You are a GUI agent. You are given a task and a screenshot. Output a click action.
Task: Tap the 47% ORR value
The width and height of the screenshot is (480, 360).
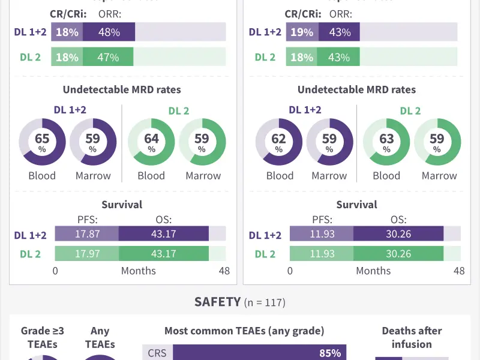[x=108, y=58]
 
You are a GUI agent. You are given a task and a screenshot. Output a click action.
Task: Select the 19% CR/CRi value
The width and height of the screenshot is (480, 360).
[x=302, y=32]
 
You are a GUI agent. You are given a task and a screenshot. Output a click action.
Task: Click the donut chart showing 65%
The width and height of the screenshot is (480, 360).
[x=42, y=142]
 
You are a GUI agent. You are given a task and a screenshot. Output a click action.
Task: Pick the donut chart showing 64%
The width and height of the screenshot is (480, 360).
[x=151, y=142]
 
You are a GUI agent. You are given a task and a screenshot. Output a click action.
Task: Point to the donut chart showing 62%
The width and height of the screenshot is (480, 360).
[x=279, y=142]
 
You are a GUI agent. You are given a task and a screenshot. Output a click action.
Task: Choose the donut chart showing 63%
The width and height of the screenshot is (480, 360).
[x=386, y=142]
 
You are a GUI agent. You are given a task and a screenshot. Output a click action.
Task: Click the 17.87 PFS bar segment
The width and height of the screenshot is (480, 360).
[x=87, y=234]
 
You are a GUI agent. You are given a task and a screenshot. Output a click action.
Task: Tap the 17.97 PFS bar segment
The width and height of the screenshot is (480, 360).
[x=87, y=254]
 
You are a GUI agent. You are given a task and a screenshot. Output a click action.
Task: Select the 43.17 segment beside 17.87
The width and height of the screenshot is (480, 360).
[x=163, y=234]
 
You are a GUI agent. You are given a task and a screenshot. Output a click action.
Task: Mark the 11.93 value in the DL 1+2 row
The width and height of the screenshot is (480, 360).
[x=322, y=234]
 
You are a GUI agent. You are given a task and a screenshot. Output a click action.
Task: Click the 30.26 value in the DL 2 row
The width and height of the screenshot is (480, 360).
[x=398, y=254]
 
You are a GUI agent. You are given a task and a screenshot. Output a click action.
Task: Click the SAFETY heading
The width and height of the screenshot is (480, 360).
[x=217, y=302]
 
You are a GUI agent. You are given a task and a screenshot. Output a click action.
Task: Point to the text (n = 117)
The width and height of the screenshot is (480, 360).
[x=265, y=303]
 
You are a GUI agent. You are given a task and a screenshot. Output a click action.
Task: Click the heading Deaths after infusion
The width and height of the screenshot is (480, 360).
[x=412, y=337]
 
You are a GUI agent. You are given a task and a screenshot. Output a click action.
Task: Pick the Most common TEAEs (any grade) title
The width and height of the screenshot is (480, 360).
[x=244, y=331]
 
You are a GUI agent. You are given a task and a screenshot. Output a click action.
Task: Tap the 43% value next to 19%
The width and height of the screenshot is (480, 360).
[x=339, y=32]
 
